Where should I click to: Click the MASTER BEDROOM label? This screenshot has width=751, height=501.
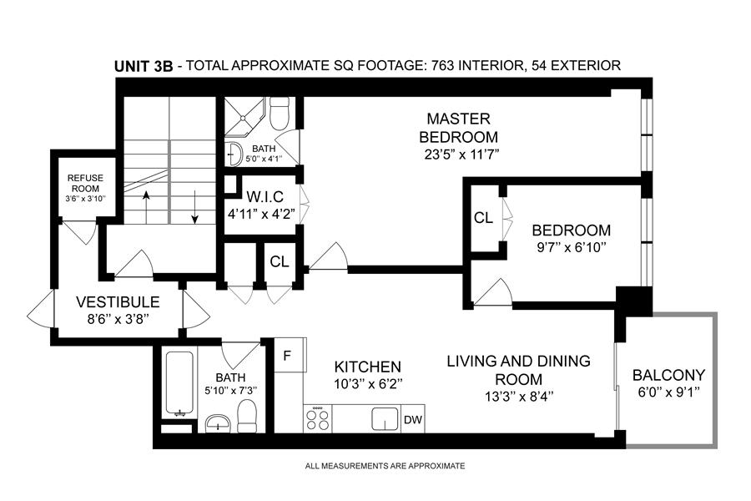pyautogui.click(x=458, y=128)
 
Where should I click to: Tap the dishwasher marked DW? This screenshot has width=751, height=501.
pyautogui.click(x=412, y=419)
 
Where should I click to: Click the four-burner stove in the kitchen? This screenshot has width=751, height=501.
pyautogui.click(x=318, y=419)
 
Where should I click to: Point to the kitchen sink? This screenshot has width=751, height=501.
pyautogui.click(x=385, y=419)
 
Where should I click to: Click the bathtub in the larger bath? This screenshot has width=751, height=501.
pyautogui.click(x=179, y=383)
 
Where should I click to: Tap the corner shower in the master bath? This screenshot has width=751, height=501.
pyautogui.click(x=244, y=117)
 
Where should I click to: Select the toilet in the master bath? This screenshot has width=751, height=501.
pyautogui.click(x=280, y=113)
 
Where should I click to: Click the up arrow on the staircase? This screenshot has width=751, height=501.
pyautogui.click(x=146, y=207)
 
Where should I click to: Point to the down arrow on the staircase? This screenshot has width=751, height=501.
pyautogui.click(x=194, y=207)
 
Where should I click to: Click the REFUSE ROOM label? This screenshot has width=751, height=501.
pyautogui.click(x=85, y=183)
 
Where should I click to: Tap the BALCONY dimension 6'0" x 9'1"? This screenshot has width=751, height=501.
pyautogui.click(x=669, y=392)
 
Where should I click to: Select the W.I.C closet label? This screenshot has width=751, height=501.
pyautogui.click(x=265, y=196)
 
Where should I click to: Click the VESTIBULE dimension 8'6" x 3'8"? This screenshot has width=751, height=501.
pyautogui.click(x=118, y=319)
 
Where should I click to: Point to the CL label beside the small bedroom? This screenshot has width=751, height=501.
pyautogui.click(x=483, y=218)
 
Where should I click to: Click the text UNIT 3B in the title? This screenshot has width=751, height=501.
pyautogui.click(x=144, y=66)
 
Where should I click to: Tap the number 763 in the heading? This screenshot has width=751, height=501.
pyautogui.click(x=442, y=65)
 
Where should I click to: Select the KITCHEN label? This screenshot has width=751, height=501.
pyautogui.click(x=367, y=367)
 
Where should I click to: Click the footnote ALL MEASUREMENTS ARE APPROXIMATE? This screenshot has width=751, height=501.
pyautogui.click(x=385, y=466)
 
